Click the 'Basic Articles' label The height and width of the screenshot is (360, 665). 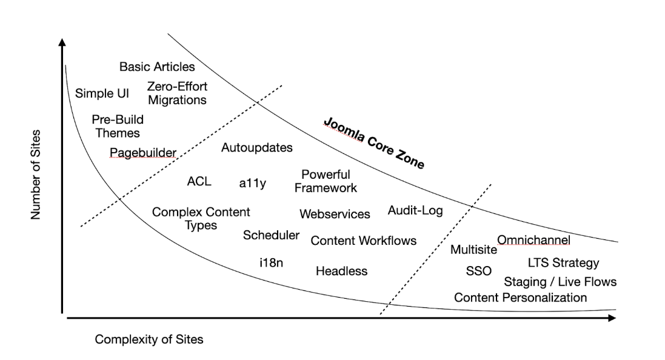157,67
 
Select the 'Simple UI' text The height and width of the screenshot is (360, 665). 102,93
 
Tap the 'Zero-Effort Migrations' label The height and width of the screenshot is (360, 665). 177,93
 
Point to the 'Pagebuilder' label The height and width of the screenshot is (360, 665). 143,152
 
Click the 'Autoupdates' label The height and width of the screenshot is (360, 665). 256,147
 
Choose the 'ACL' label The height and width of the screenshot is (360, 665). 199,181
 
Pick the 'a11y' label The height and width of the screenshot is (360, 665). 253,183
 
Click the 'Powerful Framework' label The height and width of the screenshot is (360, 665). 326,181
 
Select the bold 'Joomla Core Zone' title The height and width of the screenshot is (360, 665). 373,143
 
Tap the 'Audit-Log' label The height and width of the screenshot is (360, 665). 415,210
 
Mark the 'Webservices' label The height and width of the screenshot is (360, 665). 335,215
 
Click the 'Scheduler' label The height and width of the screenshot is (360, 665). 271,235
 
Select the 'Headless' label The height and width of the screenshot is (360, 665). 341,271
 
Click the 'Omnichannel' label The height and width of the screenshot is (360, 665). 533,241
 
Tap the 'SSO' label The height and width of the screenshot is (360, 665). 478,271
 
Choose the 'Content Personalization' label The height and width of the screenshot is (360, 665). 520,298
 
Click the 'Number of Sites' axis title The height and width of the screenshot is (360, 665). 36,175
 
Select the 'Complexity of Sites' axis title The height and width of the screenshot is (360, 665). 149,339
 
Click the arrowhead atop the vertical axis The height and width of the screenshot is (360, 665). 62,42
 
